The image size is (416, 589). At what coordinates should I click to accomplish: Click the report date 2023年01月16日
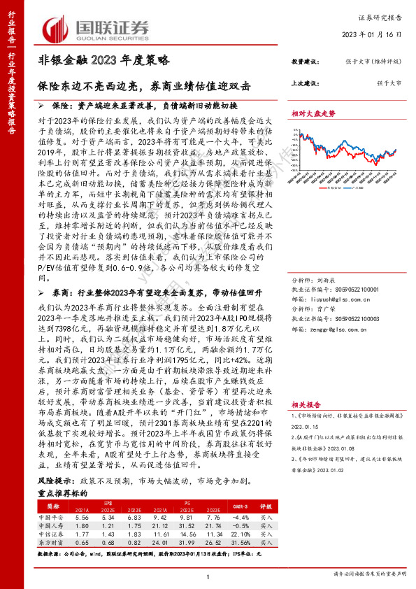(x=376, y=34)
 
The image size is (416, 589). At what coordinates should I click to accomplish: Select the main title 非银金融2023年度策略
(x=103, y=61)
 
